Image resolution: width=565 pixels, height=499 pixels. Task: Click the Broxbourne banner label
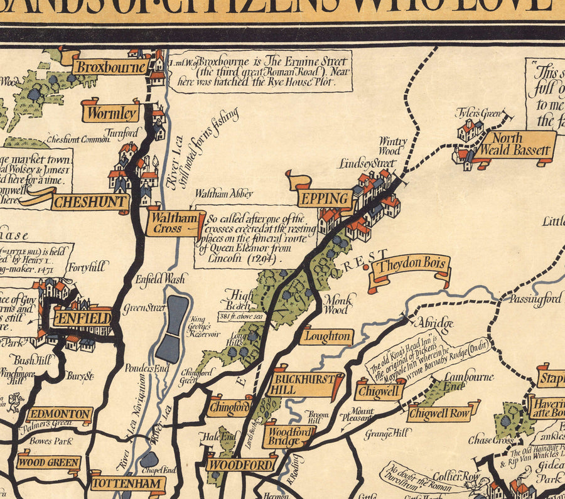(110, 67)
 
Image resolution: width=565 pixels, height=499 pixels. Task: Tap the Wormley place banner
(110, 113)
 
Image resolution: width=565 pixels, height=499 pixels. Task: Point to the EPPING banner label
(325, 199)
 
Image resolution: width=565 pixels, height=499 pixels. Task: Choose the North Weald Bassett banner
(514, 145)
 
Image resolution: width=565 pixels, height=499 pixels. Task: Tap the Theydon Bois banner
(411, 264)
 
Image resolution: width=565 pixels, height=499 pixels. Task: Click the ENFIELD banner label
(82, 318)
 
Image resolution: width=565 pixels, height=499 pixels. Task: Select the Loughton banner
(326, 336)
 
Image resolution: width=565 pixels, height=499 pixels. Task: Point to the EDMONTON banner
(60, 415)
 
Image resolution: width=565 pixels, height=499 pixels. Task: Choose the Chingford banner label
(229, 407)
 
